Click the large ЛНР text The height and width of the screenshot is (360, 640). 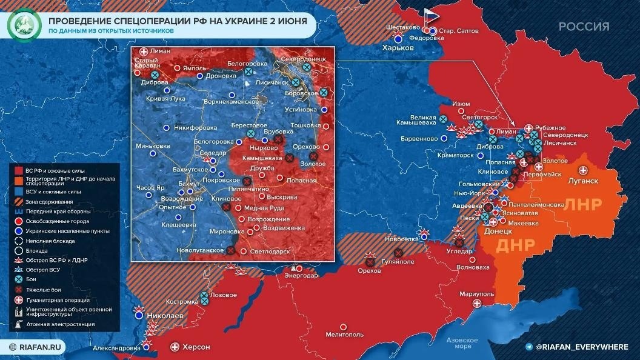coord(583,204)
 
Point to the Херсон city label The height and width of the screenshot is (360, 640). coord(196,347)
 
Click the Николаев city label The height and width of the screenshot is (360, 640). coord(163,316)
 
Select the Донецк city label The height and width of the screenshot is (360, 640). coord(499,231)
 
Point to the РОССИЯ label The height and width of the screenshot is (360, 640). coord(584,26)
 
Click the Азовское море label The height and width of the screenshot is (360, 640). coord(459,343)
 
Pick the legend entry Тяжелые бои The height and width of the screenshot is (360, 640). coord(47,289)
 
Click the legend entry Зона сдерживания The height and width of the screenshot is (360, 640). coord(49,201)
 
